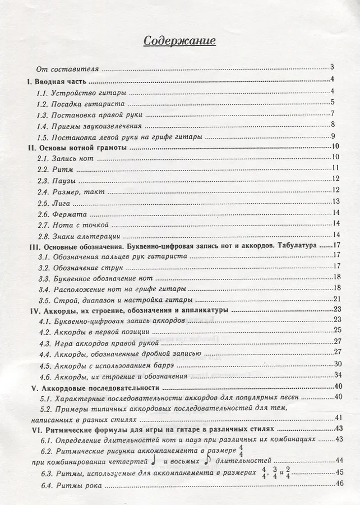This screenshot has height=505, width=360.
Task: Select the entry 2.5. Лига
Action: tap(59, 202)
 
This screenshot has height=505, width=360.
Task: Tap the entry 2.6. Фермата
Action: tap(64, 213)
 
